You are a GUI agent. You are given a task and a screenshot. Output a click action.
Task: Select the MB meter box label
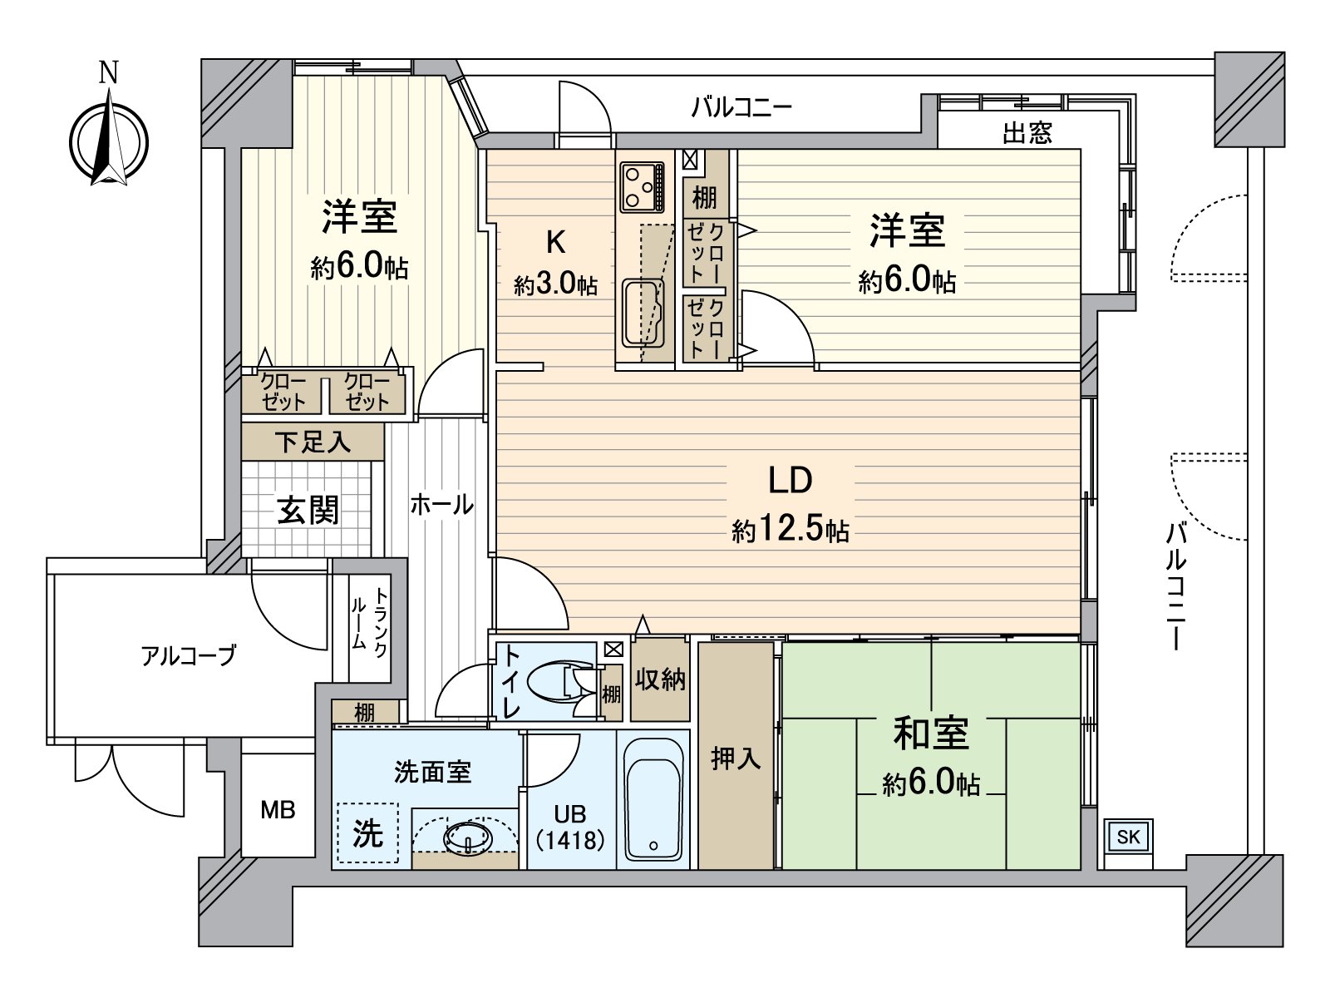278,809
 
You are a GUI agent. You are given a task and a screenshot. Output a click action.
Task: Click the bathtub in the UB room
653,799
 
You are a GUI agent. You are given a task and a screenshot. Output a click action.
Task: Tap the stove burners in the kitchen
642,187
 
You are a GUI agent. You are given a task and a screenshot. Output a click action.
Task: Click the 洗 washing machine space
367,832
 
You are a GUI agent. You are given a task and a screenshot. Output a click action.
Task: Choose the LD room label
789,481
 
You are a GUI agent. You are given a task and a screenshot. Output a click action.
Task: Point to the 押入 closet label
736,758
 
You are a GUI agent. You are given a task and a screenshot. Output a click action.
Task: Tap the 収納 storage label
660,679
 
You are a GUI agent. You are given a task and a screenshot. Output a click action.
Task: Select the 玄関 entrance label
308,509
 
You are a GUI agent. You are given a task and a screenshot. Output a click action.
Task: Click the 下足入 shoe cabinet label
313,442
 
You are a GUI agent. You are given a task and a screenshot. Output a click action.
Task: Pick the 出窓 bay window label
1027,133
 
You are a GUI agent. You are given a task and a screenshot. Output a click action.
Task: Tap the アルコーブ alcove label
189,655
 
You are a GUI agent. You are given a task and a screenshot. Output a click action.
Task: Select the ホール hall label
441,503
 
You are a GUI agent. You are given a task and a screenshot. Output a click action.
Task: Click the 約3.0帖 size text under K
555,285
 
